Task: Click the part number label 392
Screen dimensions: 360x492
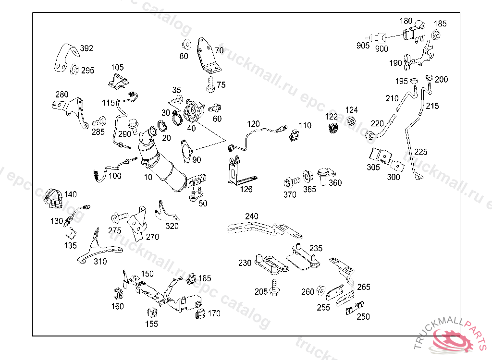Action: [86, 48]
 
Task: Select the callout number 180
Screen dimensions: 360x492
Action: [406, 21]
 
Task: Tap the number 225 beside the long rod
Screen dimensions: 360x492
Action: [420, 152]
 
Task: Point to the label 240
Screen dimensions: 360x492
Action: [251, 216]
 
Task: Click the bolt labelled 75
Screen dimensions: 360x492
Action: [210, 84]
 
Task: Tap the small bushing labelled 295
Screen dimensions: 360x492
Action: [75, 70]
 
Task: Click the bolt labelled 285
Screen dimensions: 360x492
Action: [99, 120]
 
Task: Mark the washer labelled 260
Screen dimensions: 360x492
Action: [321, 290]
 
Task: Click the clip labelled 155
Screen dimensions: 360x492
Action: [152, 312]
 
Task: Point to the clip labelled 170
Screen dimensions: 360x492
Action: [200, 314]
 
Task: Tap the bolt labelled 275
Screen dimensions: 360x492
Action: [117, 218]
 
